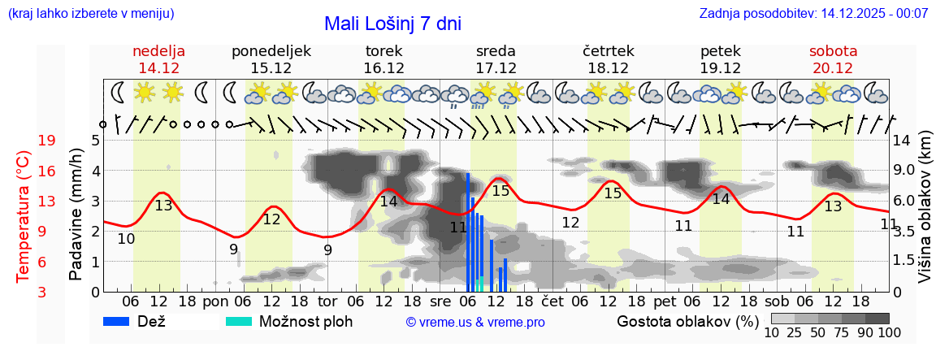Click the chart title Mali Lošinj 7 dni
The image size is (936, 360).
click(x=392, y=24)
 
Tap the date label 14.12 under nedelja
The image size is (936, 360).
click(x=158, y=68)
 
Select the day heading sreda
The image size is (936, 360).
click(x=496, y=51)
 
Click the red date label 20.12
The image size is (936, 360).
click(x=833, y=68)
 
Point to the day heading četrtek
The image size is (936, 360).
click(x=608, y=51)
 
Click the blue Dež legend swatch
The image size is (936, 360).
click(x=122, y=321)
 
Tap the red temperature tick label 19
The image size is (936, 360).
click(x=46, y=141)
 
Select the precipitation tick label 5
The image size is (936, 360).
click(x=95, y=140)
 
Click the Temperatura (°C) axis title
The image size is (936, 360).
click(x=22, y=216)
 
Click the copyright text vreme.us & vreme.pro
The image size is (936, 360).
click(x=475, y=323)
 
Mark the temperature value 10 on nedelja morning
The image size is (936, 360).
click(x=126, y=239)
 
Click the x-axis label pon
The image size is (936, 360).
click(x=215, y=302)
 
